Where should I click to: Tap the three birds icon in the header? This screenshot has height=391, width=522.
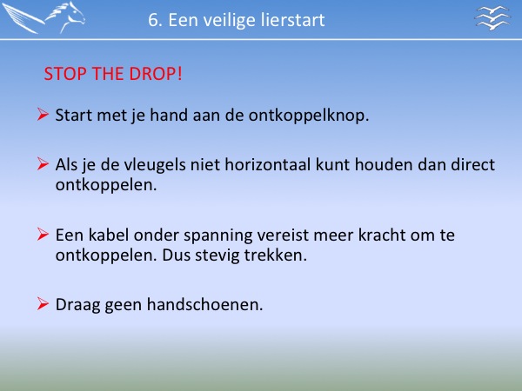pyautogui.click(x=492, y=18)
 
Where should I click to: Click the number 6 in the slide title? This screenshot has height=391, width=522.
pyautogui.click(x=153, y=20)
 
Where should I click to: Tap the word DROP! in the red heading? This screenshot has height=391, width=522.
pyautogui.click(x=156, y=74)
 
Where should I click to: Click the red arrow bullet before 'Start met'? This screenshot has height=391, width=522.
pyautogui.click(x=43, y=114)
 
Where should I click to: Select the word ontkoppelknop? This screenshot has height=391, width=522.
pyautogui.click(x=309, y=116)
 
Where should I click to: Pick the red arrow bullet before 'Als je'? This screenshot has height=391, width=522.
pyautogui.click(x=43, y=163)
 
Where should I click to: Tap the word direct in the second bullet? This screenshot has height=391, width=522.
pyautogui.click(x=472, y=164)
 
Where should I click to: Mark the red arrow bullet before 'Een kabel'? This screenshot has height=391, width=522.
pyautogui.click(x=43, y=234)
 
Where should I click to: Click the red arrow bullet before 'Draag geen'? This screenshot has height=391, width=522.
pyautogui.click(x=43, y=303)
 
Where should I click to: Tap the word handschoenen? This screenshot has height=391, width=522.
pyautogui.click(x=204, y=305)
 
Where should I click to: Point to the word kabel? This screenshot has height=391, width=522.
pyautogui.click(x=109, y=235)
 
